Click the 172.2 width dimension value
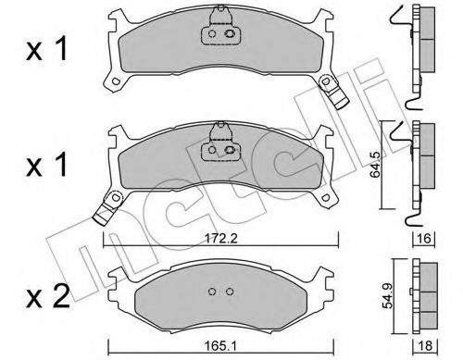coord(220,238)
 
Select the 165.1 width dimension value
coord(221,345)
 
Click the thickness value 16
coord(425,238)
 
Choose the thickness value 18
coord(425,345)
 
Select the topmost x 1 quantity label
coord(47,49)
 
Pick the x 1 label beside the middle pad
coord(47,165)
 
